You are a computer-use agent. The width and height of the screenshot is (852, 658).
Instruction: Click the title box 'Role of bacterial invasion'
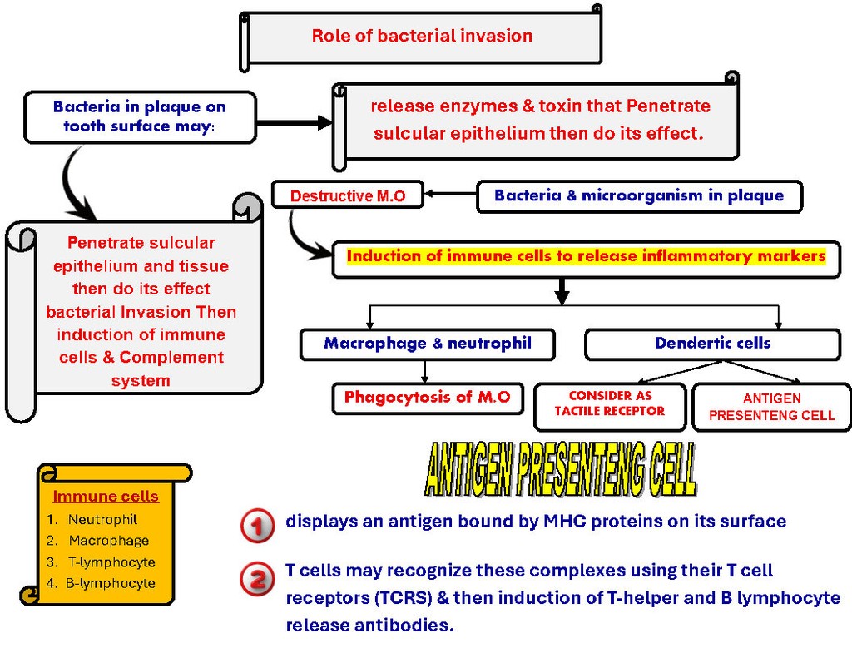[422, 36]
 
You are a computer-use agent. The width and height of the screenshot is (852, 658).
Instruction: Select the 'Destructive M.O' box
[348, 196]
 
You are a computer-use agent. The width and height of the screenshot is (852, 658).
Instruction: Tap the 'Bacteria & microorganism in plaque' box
[639, 196]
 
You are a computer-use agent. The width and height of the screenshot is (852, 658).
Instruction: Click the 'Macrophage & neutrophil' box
[428, 344]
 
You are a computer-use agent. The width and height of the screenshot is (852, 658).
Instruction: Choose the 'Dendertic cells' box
[712, 344]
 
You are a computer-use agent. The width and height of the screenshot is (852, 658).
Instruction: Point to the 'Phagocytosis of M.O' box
[428, 398]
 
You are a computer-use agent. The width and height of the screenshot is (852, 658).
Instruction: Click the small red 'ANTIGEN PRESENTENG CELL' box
[771, 407]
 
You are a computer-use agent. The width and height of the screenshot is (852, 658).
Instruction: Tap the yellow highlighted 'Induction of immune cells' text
[586, 256]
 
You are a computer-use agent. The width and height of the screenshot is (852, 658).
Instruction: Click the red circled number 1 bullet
[257, 526]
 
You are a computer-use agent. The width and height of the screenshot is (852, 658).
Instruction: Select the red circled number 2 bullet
[257, 579]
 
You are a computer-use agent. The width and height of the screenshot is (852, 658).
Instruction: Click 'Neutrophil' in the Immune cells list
[102, 520]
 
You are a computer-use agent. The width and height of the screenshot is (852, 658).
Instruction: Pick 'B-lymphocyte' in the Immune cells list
[111, 583]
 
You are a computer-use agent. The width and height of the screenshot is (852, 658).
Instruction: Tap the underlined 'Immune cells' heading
[106, 497]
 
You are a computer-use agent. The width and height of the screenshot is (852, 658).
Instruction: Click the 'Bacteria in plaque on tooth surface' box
[140, 117]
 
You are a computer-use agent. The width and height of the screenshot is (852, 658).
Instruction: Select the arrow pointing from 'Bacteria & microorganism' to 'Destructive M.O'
[450, 195]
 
